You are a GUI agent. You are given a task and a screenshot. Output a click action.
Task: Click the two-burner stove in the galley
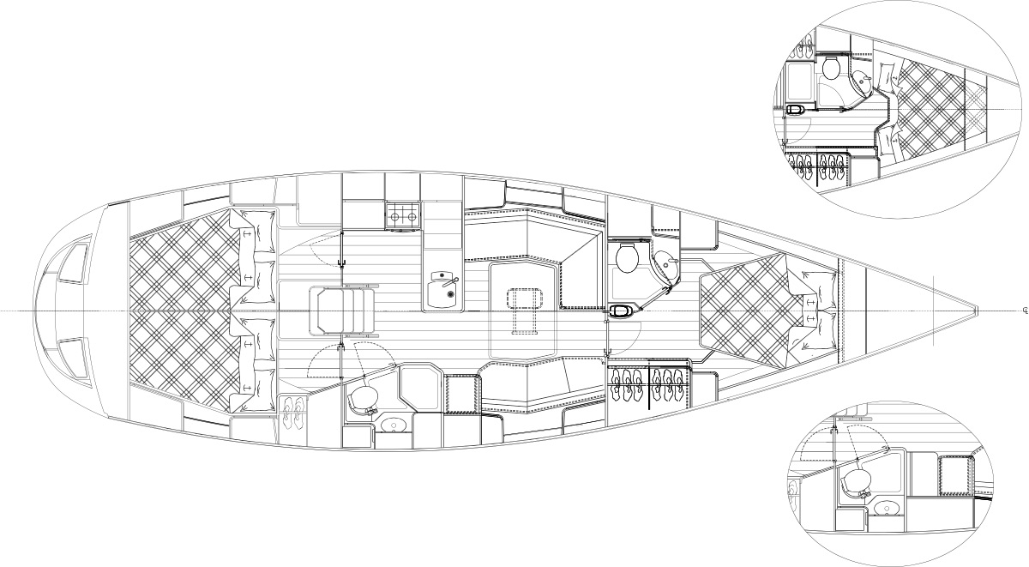403,216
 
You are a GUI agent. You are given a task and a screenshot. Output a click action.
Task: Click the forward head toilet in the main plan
626,256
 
